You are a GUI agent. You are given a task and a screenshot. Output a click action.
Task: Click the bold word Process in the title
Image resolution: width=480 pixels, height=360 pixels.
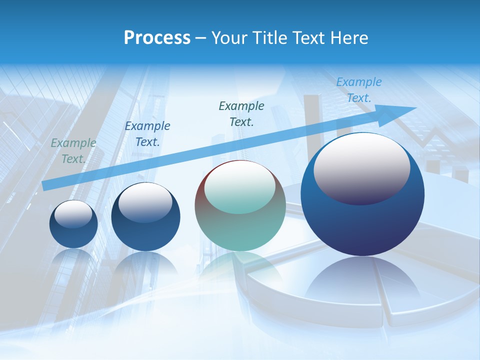[x=157, y=38]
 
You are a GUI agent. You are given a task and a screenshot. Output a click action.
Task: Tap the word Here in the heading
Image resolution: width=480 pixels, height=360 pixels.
[x=349, y=38]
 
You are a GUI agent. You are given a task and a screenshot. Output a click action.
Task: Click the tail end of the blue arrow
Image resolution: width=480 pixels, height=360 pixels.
[x=45, y=185]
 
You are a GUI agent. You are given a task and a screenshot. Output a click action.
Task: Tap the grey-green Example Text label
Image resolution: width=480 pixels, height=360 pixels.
[x=73, y=151]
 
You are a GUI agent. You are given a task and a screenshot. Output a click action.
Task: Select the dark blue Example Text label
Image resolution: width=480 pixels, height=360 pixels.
[x=147, y=134]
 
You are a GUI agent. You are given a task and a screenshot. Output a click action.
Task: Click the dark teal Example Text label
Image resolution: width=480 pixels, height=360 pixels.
[x=241, y=113]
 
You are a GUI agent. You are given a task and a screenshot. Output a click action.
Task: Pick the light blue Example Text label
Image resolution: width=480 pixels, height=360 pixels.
[x=358, y=90]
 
